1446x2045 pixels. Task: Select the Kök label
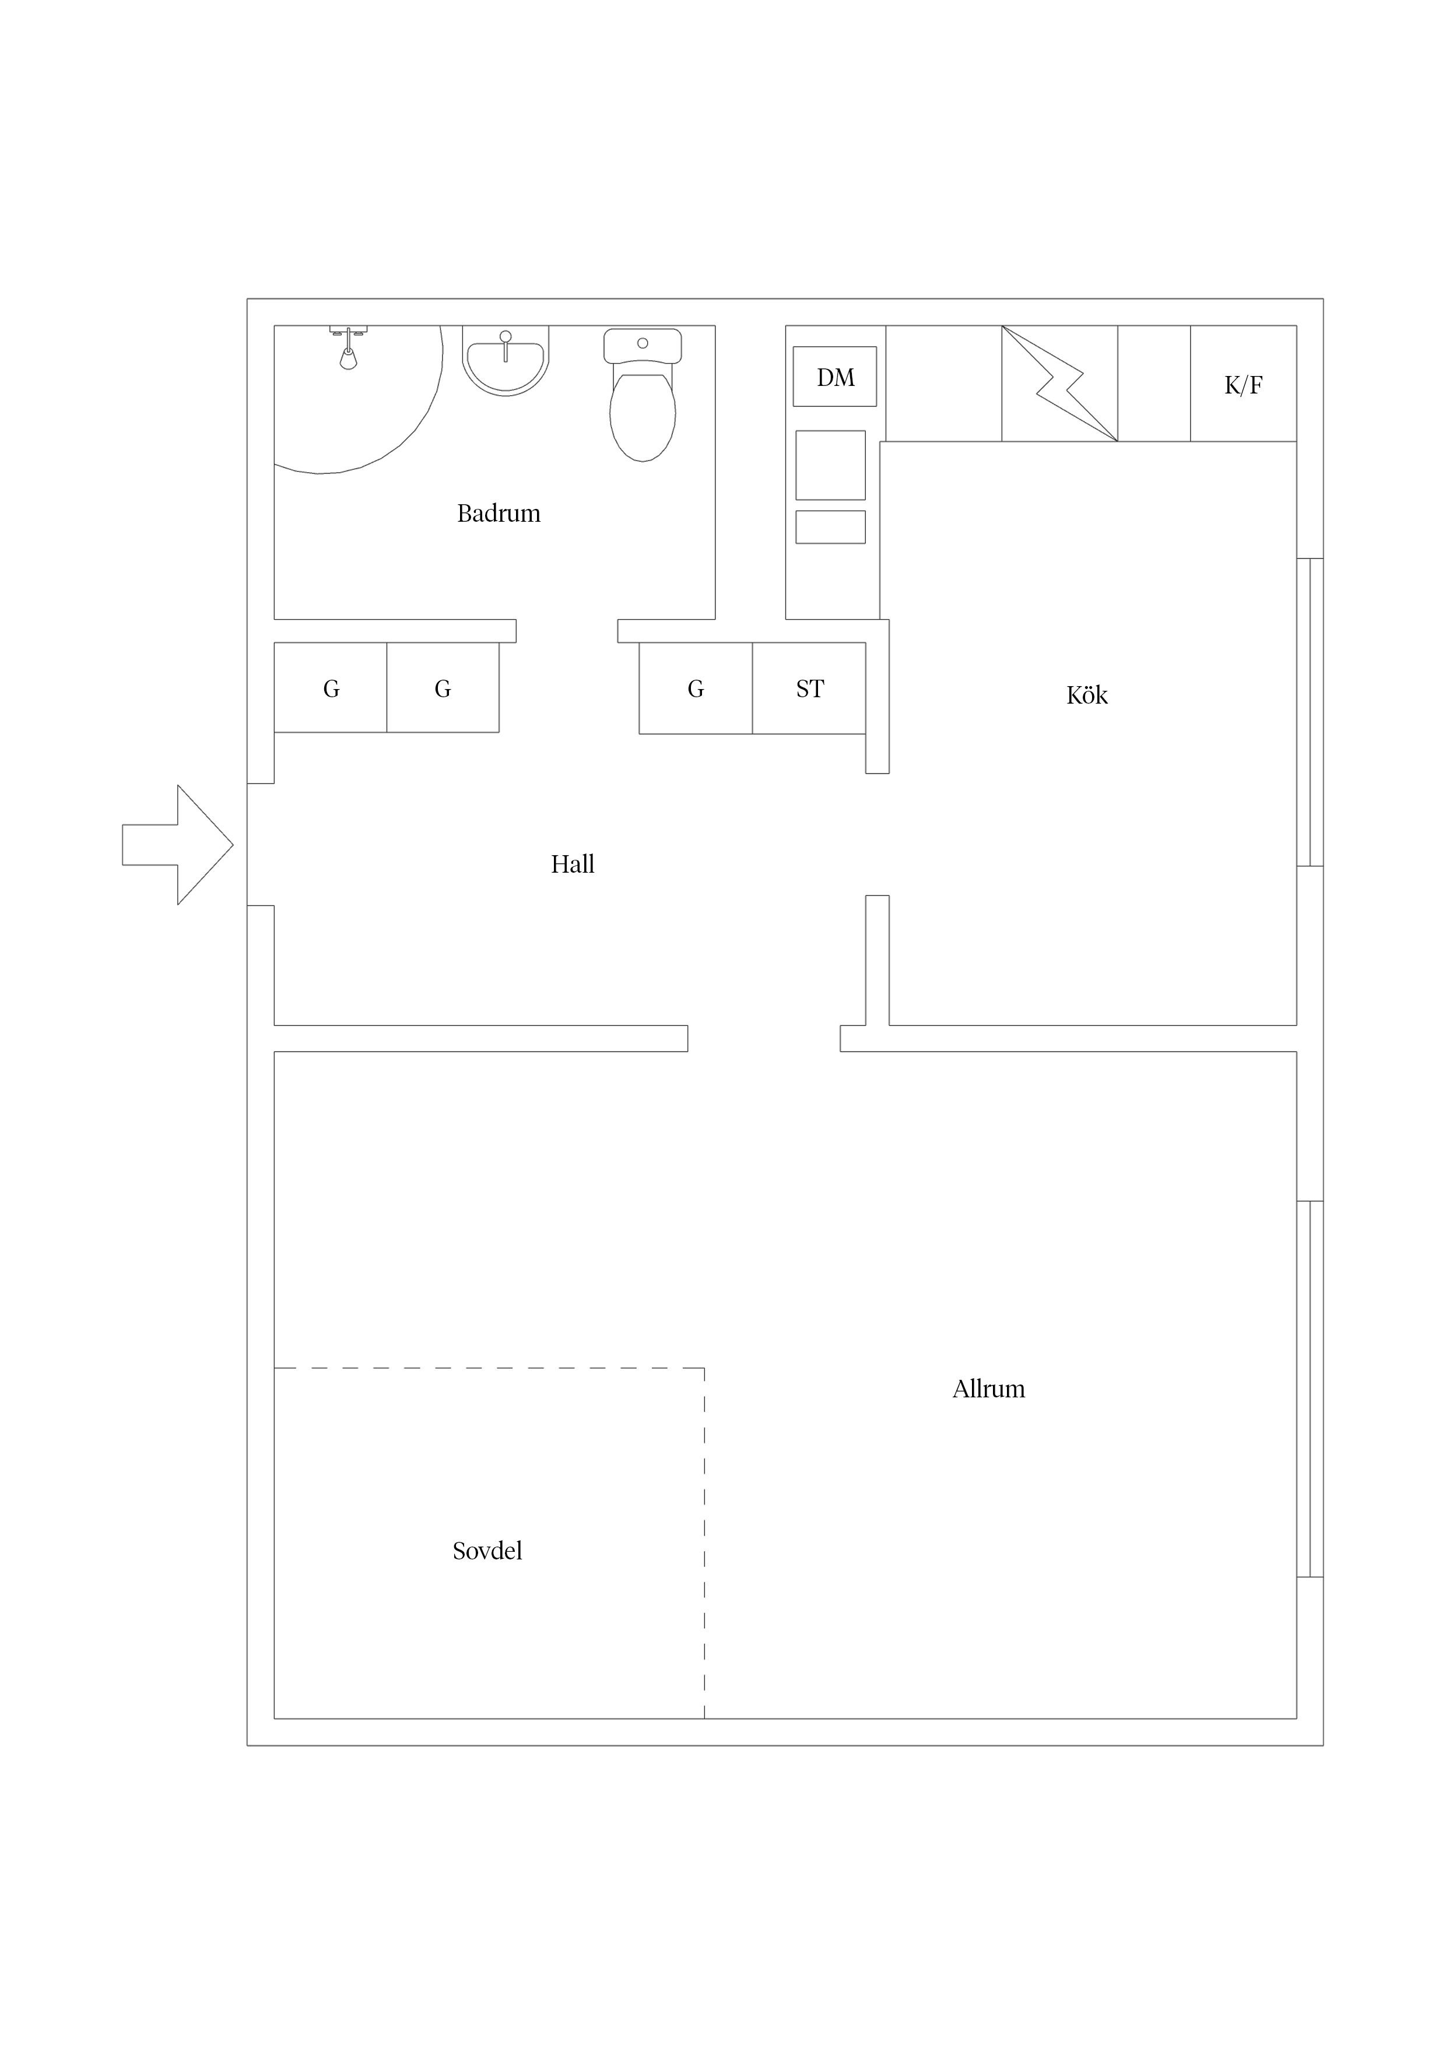click(x=1087, y=695)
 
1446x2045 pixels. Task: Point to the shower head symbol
click(x=348, y=347)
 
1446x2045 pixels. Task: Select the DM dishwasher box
click(x=835, y=377)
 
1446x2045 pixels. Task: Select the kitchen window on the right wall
click(x=1310, y=712)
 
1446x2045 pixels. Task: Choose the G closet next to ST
click(x=696, y=688)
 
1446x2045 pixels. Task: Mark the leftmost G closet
click(x=331, y=688)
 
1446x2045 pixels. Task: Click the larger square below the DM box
click(x=830, y=465)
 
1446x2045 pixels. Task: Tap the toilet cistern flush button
click(x=643, y=343)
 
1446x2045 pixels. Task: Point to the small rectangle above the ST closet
click(x=830, y=528)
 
